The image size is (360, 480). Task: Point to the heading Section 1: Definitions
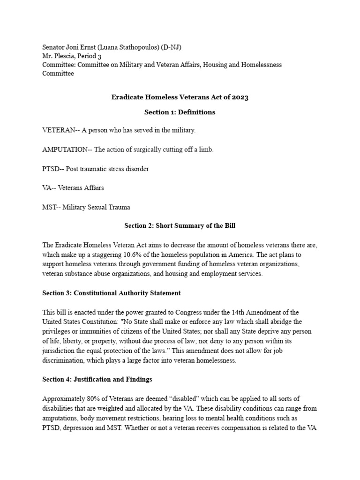[x=180, y=112]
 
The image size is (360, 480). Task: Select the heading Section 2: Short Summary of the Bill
[x=180, y=225]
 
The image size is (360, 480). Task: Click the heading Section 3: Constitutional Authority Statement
[x=112, y=293]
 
